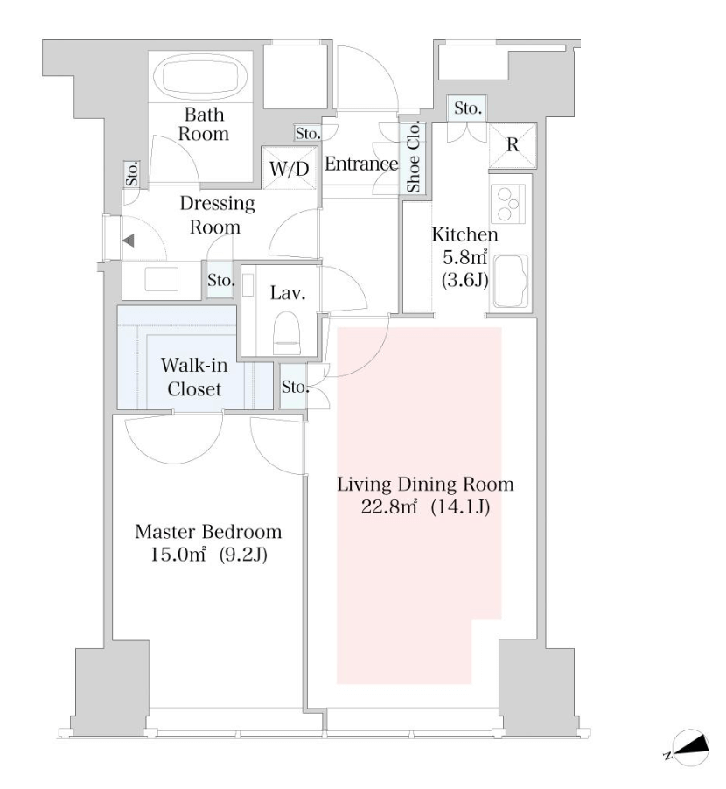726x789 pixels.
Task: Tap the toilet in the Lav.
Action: coord(286,333)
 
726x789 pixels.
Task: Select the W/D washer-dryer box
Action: coord(290,168)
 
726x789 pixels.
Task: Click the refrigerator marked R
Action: coord(513,145)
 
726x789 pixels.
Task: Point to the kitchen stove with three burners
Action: coord(507,204)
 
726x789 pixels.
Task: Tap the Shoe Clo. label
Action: coord(413,157)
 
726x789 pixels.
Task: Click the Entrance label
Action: coord(361,164)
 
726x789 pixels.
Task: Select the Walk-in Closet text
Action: coord(194,377)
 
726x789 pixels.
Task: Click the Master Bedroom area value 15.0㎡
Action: coord(178,555)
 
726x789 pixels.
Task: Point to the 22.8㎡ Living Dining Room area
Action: coord(389,507)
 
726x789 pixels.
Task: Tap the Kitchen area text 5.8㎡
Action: coord(464,258)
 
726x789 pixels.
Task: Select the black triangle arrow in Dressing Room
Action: coord(129,241)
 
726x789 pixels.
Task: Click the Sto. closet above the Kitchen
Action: coord(467,108)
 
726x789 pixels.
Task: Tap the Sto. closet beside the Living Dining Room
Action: coord(294,387)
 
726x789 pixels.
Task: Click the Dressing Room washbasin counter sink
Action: coord(162,279)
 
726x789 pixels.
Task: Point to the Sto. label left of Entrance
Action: coord(307,133)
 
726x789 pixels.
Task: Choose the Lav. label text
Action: coord(287,293)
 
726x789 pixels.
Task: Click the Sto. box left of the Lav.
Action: coord(220,279)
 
